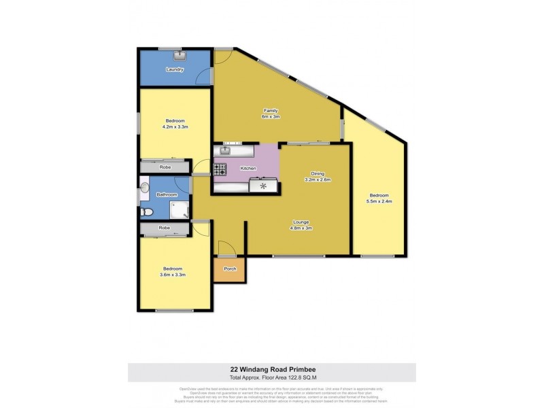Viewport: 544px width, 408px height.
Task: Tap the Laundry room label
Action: (175, 69)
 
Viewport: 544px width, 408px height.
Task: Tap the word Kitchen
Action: (248, 167)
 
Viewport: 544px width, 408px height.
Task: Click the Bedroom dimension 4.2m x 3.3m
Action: (175, 127)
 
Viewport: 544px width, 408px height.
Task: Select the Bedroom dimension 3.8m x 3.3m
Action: (174, 275)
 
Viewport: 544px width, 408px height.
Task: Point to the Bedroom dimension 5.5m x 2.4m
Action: (379, 201)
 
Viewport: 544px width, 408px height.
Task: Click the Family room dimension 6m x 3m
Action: (271, 116)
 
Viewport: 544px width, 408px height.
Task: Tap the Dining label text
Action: (317, 173)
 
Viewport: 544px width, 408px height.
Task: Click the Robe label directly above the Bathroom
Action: (165, 167)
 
